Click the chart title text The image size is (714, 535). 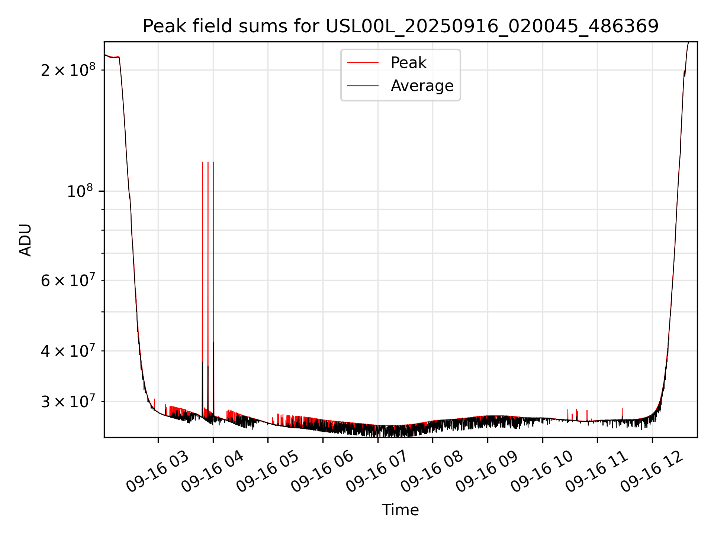click(401, 26)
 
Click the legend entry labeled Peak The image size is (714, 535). click(408, 63)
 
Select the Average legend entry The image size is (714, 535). click(422, 86)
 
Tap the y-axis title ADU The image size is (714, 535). click(25, 240)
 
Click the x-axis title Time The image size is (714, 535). click(400, 510)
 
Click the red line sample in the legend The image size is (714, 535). click(363, 63)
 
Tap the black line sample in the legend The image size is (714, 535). click(363, 86)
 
